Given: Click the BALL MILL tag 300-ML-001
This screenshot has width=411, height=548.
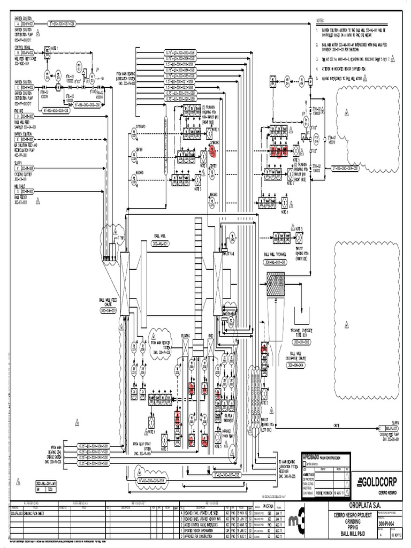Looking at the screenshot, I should pos(161,243).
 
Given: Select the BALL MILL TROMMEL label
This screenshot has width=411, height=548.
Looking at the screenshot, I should pos(275,255).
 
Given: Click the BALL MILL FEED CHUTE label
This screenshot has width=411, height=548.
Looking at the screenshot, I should pos(111,305).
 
